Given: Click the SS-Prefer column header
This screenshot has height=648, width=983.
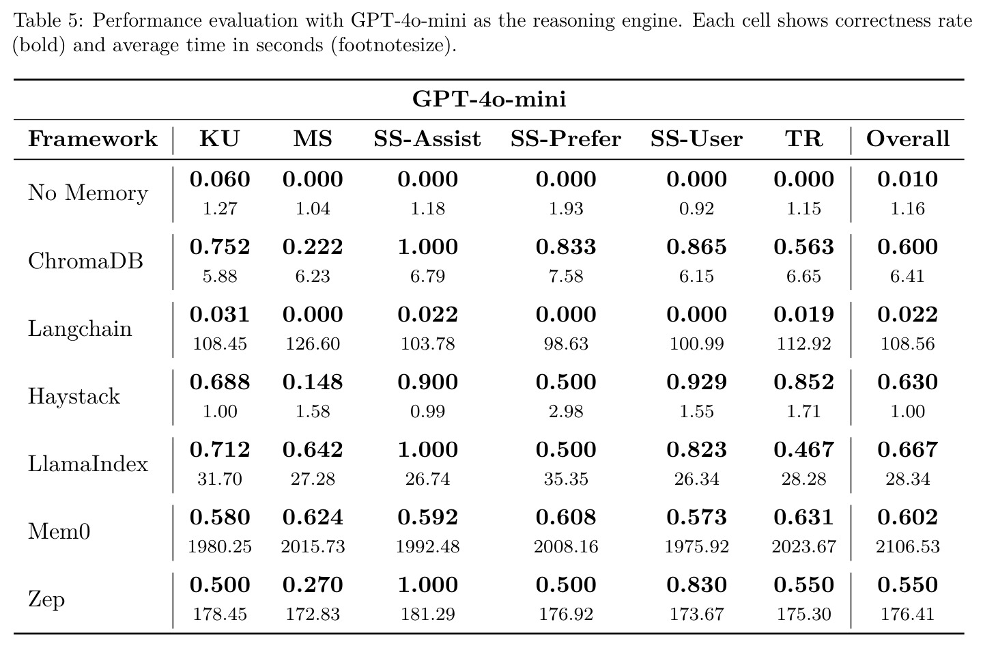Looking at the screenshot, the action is point(566,139).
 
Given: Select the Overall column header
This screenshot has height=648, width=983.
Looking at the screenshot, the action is point(907,139).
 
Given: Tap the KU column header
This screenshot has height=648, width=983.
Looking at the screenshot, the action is point(219,139).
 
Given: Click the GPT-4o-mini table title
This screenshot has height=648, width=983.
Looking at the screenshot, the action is point(489,100).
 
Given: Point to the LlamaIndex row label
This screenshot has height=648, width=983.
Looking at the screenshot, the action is point(88,464).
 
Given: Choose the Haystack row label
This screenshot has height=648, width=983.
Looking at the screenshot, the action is point(74,397).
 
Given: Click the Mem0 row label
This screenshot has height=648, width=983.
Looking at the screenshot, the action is point(59,531).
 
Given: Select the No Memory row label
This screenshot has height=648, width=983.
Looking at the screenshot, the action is point(88,193).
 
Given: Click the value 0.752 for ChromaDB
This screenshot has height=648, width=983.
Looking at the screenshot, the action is point(219,246).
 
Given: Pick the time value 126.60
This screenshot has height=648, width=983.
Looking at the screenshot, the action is point(313,343).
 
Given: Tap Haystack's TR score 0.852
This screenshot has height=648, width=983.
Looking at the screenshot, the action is point(803,382).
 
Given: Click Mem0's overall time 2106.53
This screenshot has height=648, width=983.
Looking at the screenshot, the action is point(907,546).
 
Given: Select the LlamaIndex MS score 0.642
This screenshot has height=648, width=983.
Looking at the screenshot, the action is point(313,449).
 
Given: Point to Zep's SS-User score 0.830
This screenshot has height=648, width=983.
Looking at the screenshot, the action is point(696,584).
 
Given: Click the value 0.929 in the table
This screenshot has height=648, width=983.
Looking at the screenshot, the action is point(696,382).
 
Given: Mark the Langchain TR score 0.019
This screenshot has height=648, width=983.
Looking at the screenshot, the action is point(803,314).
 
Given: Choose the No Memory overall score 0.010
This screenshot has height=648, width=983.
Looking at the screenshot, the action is point(907,179).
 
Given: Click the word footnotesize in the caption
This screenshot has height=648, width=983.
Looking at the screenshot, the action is point(391,45).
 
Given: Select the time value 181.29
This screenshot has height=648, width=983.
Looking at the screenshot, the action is point(428,614).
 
